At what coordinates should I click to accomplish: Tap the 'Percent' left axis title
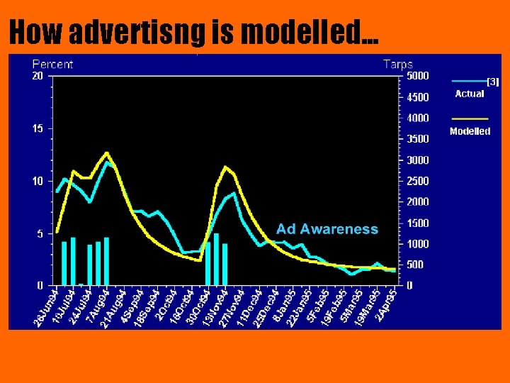click(x=52, y=64)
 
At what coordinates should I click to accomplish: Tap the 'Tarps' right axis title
click(x=397, y=64)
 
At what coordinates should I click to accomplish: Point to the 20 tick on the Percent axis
click(x=38, y=75)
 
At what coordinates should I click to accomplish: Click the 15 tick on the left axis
click(x=38, y=128)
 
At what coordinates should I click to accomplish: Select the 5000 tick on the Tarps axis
click(x=416, y=75)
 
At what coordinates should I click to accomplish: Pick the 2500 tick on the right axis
click(x=416, y=181)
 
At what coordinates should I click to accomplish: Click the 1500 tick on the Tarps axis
click(x=416, y=223)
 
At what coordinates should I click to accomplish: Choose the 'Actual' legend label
click(x=469, y=94)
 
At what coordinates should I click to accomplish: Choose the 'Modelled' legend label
click(x=470, y=131)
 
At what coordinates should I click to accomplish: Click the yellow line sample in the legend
click(x=470, y=118)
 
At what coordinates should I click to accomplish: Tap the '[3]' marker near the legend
click(x=493, y=82)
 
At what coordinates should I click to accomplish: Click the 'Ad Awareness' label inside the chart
click(x=327, y=229)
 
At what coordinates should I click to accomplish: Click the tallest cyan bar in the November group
click(x=217, y=259)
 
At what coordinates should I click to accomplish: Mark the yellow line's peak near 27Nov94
click(x=225, y=167)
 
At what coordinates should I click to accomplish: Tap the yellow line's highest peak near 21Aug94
click(x=106, y=152)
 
